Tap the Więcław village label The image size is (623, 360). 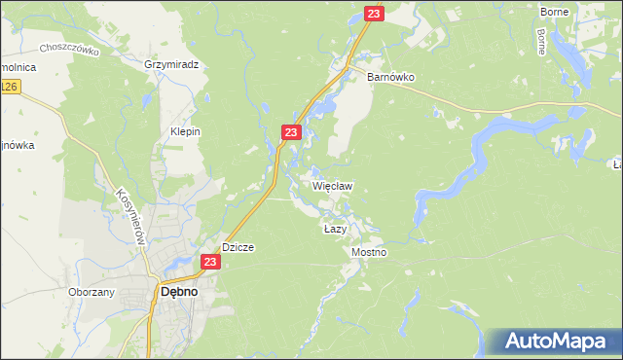332,185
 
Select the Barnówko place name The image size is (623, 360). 391,75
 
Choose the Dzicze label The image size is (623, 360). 238,247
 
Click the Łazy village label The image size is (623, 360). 335,229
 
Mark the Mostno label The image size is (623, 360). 369,252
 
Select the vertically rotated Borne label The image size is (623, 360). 541,40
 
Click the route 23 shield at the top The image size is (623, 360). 375,13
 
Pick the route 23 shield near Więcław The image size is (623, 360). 291,131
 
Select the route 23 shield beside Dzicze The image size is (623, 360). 210,262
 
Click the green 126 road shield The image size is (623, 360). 9,88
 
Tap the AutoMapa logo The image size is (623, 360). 556,342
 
